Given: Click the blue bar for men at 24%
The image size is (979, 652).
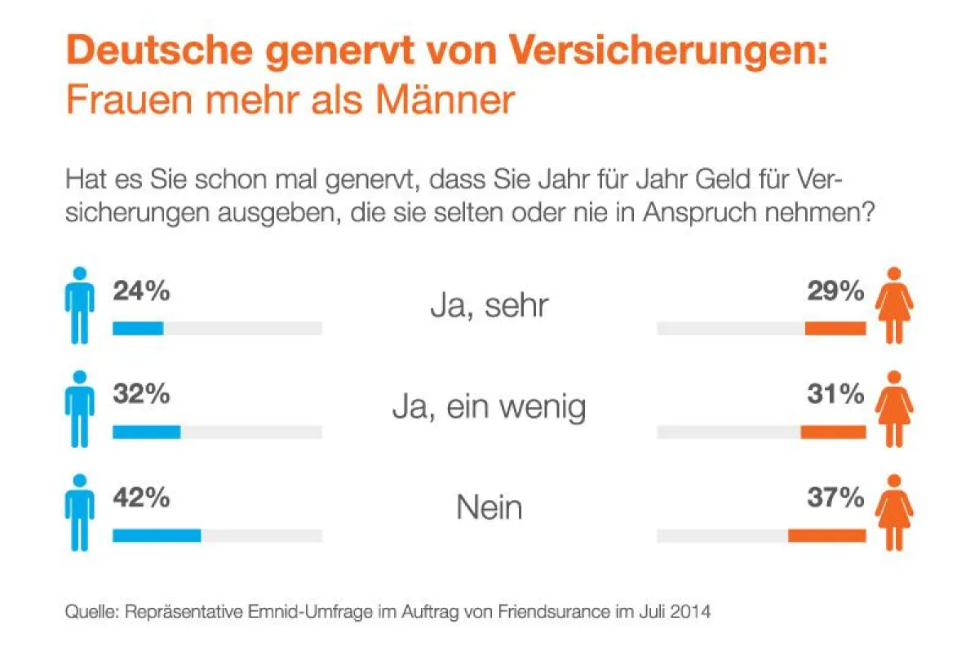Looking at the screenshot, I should pos(138,328).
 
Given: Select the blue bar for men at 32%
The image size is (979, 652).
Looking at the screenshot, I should pos(146,432).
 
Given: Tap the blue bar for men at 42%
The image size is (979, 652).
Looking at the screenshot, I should pos(157,535).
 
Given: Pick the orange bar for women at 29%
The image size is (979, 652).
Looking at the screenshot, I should pos(835,328).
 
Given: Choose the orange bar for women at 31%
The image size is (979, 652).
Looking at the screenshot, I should pos(832,432).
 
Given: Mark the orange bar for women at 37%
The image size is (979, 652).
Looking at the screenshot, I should pos(826,535).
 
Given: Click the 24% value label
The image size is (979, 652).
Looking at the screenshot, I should pos(141,291).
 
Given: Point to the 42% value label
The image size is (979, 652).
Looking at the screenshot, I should pos(141,498).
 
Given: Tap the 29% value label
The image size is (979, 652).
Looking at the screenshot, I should pos(836,291).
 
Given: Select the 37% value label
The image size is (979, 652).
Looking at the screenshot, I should pos(836,498).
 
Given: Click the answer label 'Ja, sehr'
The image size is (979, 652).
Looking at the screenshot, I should pos(489,307).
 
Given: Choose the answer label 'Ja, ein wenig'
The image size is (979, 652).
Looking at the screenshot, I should pos(489,407).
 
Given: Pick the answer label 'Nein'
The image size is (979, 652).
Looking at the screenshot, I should pos(489,508).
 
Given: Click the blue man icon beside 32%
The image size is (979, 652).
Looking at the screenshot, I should pos(79,409).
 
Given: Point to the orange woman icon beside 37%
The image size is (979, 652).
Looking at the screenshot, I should pos(894,512).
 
